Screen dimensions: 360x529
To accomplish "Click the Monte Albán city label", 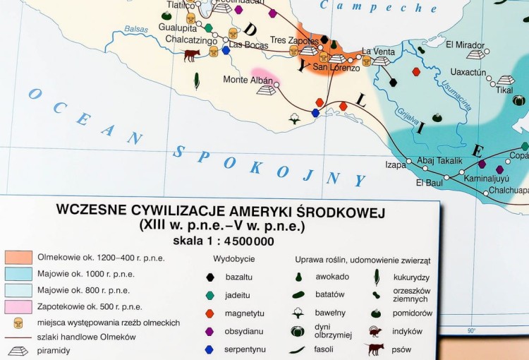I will (248, 80).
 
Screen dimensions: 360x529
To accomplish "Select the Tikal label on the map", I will (504, 90).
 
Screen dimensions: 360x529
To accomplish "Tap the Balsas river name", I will (136, 30).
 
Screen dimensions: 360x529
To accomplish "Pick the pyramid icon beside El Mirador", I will (476, 54).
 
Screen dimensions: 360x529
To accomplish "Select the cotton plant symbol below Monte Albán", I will (294, 118).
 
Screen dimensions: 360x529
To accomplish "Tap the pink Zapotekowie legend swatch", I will (18, 306).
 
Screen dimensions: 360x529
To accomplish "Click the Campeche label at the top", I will (378, 7).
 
